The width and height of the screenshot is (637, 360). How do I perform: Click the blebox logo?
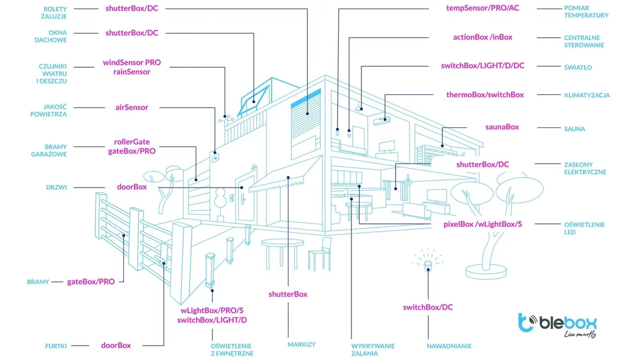coord(557,325)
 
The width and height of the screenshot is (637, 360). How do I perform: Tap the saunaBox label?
coord(501,127)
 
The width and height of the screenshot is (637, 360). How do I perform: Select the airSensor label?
coord(131,108)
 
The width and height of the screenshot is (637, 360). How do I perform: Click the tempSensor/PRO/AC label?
coord(482,8)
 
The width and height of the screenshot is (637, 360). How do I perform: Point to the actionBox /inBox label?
coord(482,38)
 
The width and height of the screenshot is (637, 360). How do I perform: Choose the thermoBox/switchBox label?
coord(485,95)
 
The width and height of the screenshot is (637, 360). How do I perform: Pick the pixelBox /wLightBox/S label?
coord(482,224)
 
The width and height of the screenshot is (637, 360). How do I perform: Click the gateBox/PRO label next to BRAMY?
coord(90,282)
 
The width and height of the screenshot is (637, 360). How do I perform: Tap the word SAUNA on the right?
coord(574,129)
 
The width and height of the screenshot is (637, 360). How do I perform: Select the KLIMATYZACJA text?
coord(587,95)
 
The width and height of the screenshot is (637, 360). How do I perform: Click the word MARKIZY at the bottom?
coord(302,344)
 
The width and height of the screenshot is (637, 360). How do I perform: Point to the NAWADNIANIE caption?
coord(449,346)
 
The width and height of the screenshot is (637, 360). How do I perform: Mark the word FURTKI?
coord(56,346)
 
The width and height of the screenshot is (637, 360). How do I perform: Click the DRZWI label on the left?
coord(56,188)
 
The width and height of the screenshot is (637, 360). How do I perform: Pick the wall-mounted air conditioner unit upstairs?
coord(382,120)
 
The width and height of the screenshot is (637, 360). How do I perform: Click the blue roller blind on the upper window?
coord(306,99)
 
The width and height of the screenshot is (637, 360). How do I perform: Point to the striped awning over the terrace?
coord(284,177)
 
